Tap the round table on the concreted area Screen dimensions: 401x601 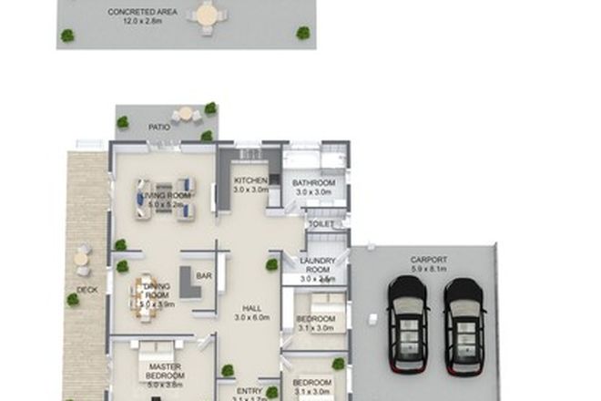(x=208, y=15)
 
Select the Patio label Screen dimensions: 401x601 (x=160, y=129)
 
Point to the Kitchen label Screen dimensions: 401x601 (x=250, y=180)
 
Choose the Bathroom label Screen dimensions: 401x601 (x=313, y=183)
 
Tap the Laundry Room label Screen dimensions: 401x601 (x=318, y=265)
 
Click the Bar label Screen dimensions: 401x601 (x=204, y=276)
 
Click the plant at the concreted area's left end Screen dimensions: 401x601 (x=67, y=36)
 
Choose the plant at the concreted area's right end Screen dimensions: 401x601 (x=302, y=33)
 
